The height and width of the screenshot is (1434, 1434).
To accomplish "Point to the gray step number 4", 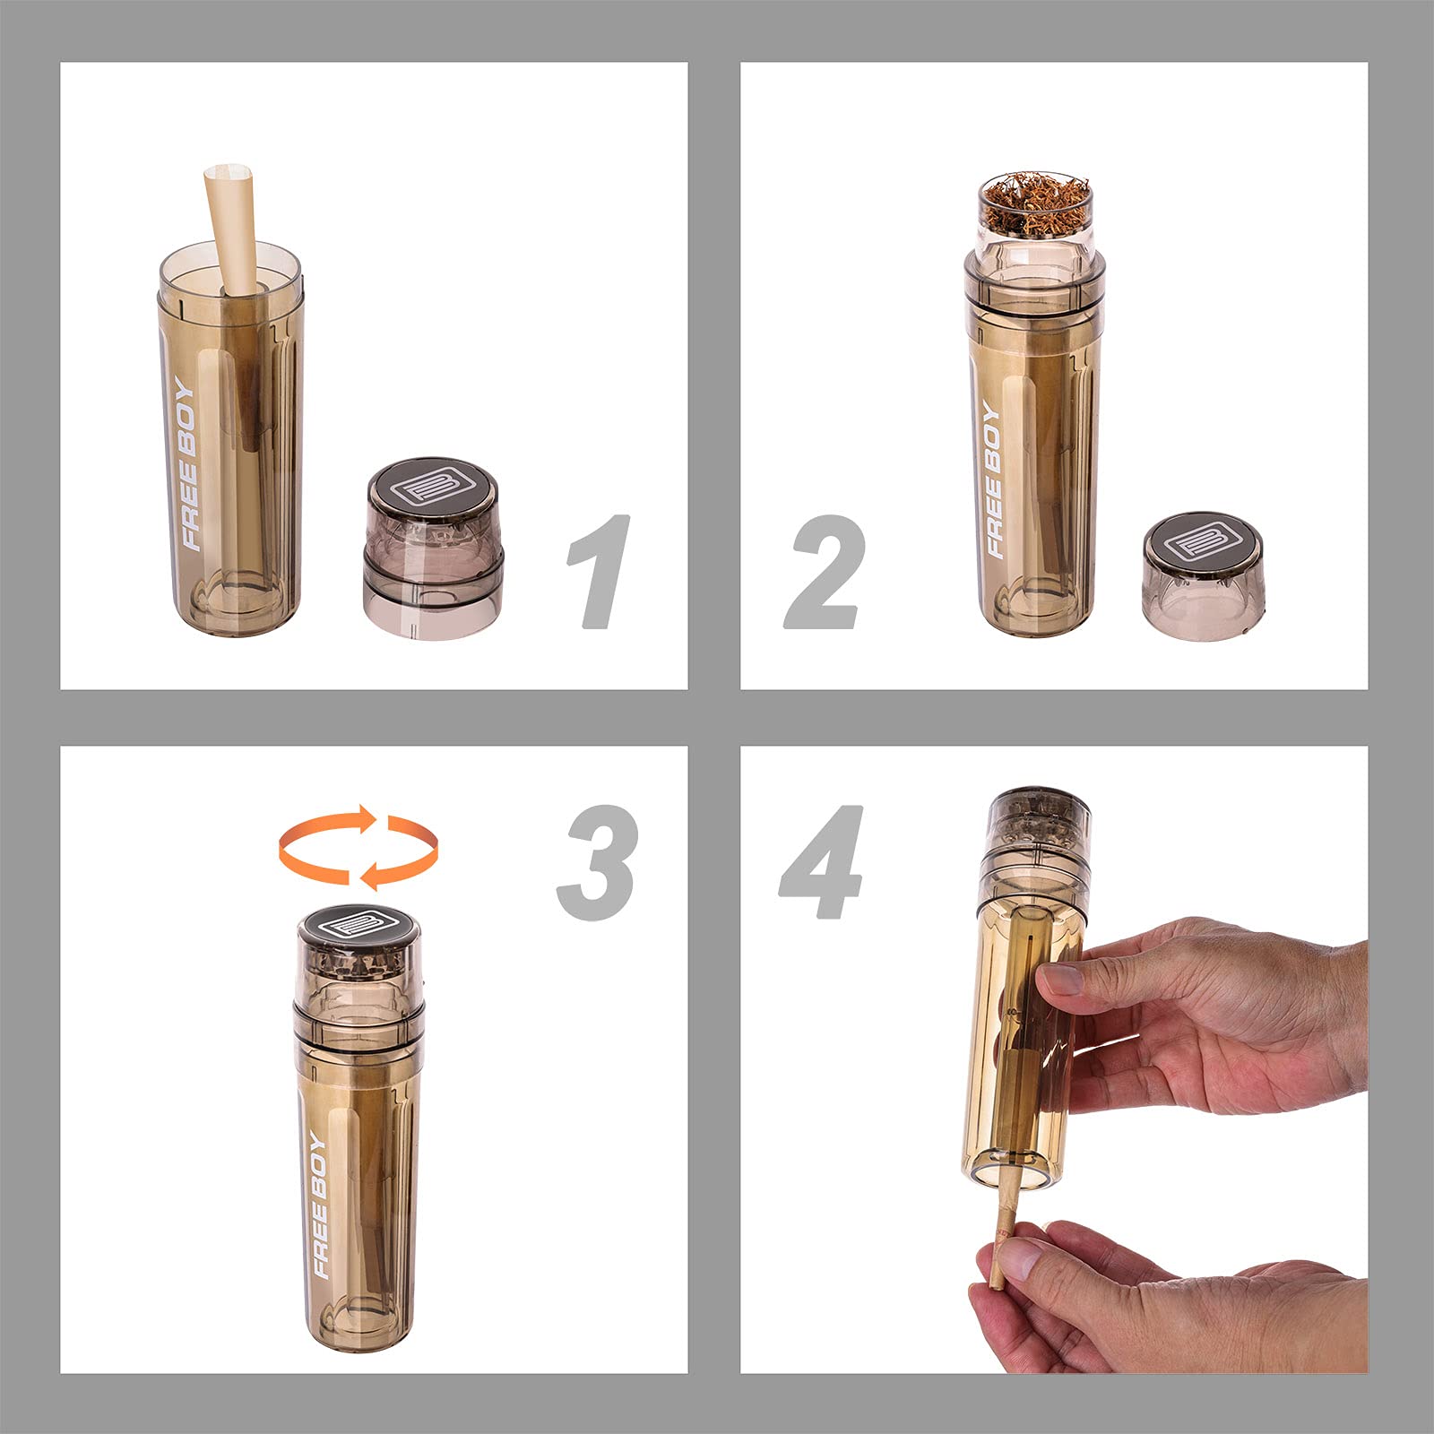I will pos(823,861).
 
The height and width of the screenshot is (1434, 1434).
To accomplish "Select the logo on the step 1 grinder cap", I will pos(434,488).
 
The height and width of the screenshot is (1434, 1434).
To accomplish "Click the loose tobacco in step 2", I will pos(1035,204).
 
